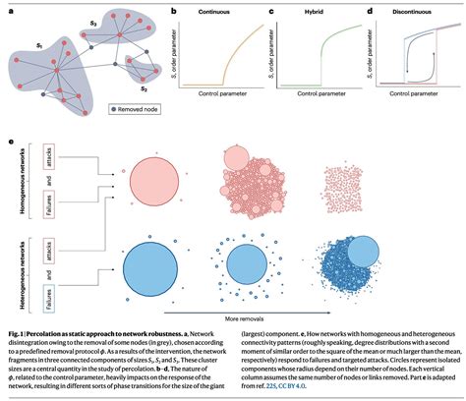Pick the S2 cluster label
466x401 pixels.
pyautogui.click(x=143, y=86)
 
